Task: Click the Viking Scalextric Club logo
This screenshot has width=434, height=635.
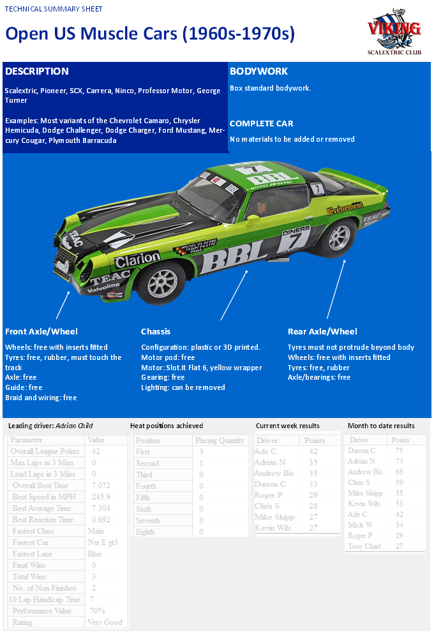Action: click(x=394, y=33)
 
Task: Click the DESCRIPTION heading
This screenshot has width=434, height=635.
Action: click(x=36, y=71)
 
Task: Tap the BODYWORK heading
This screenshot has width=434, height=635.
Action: click(x=258, y=71)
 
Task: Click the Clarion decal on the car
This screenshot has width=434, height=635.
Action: click(x=137, y=258)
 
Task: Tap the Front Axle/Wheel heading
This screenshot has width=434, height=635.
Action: click(x=41, y=331)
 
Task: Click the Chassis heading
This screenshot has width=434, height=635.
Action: click(x=156, y=331)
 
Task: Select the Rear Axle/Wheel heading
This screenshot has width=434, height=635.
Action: click(x=322, y=331)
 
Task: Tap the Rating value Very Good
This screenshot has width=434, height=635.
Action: click(x=105, y=622)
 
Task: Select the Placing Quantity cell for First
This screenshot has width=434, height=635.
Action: click(x=202, y=452)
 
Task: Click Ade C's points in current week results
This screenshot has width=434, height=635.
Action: click(x=313, y=452)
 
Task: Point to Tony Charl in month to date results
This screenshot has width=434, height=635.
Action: click(x=365, y=546)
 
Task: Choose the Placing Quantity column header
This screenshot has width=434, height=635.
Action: click(x=220, y=440)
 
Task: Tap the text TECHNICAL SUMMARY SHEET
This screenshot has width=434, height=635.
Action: click(x=54, y=10)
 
